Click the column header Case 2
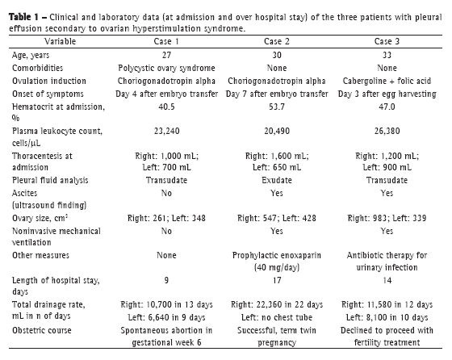pyautogui.click(x=276, y=41)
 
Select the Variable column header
pyautogui.click(x=60, y=41)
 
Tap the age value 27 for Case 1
pyautogui.click(x=166, y=55)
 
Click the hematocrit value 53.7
pyautogui.click(x=276, y=107)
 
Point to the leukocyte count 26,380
pyautogui.click(x=387, y=131)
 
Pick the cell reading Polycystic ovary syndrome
pyautogui.click(x=166, y=68)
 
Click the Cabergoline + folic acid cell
pyautogui.click(x=387, y=81)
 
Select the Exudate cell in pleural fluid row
pyautogui.click(x=276, y=181)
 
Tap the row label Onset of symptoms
pyautogui.click(x=48, y=94)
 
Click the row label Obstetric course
pyautogui.click(x=42, y=330)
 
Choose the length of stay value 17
pyautogui.click(x=277, y=280)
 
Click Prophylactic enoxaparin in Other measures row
pyautogui.click(x=276, y=255)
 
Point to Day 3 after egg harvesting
pyautogui.click(x=387, y=94)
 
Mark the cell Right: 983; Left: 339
pyautogui.click(x=387, y=218)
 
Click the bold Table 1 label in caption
pyautogui.click(x=23, y=17)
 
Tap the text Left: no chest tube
pyautogui.click(x=277, y=318)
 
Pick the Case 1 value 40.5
pyautogui.click(x=166, y=107)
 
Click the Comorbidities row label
pyautogui.click(x=37, y=68)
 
